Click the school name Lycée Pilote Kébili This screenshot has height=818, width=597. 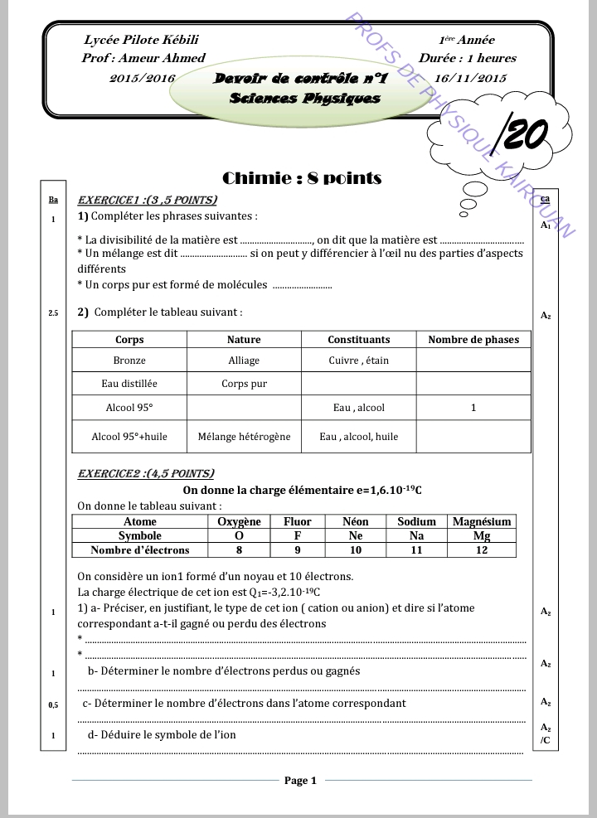click(x=141, y=40)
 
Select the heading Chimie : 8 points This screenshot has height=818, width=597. click(x=302, y=178)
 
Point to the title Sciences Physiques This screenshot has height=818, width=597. click(x=305, y=98)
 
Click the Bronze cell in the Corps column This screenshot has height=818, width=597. click(x=129, y=361)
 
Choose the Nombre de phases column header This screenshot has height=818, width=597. click(x=473, y=339)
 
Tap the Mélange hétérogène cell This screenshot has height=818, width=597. click(x=244, y=437)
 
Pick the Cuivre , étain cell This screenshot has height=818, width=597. click(x=358, y=361)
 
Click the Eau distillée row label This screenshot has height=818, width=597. click(x=129, y=384)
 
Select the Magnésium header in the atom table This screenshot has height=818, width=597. click(x=482, y=521)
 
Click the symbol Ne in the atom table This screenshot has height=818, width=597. click(x=356, y=535)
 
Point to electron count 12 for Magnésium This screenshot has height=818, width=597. click(x=482, y=549)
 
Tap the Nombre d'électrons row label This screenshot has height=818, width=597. click(x=139, y=549)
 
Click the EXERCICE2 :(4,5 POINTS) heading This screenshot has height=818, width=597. click(x=145, y=474)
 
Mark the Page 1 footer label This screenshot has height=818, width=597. click(x=300, y=780)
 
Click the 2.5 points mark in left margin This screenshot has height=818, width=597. click(x=53, y=314)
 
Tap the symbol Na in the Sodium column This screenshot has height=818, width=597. click(x=416, y=535)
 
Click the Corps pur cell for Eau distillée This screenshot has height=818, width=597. click(x=244, y=384)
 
